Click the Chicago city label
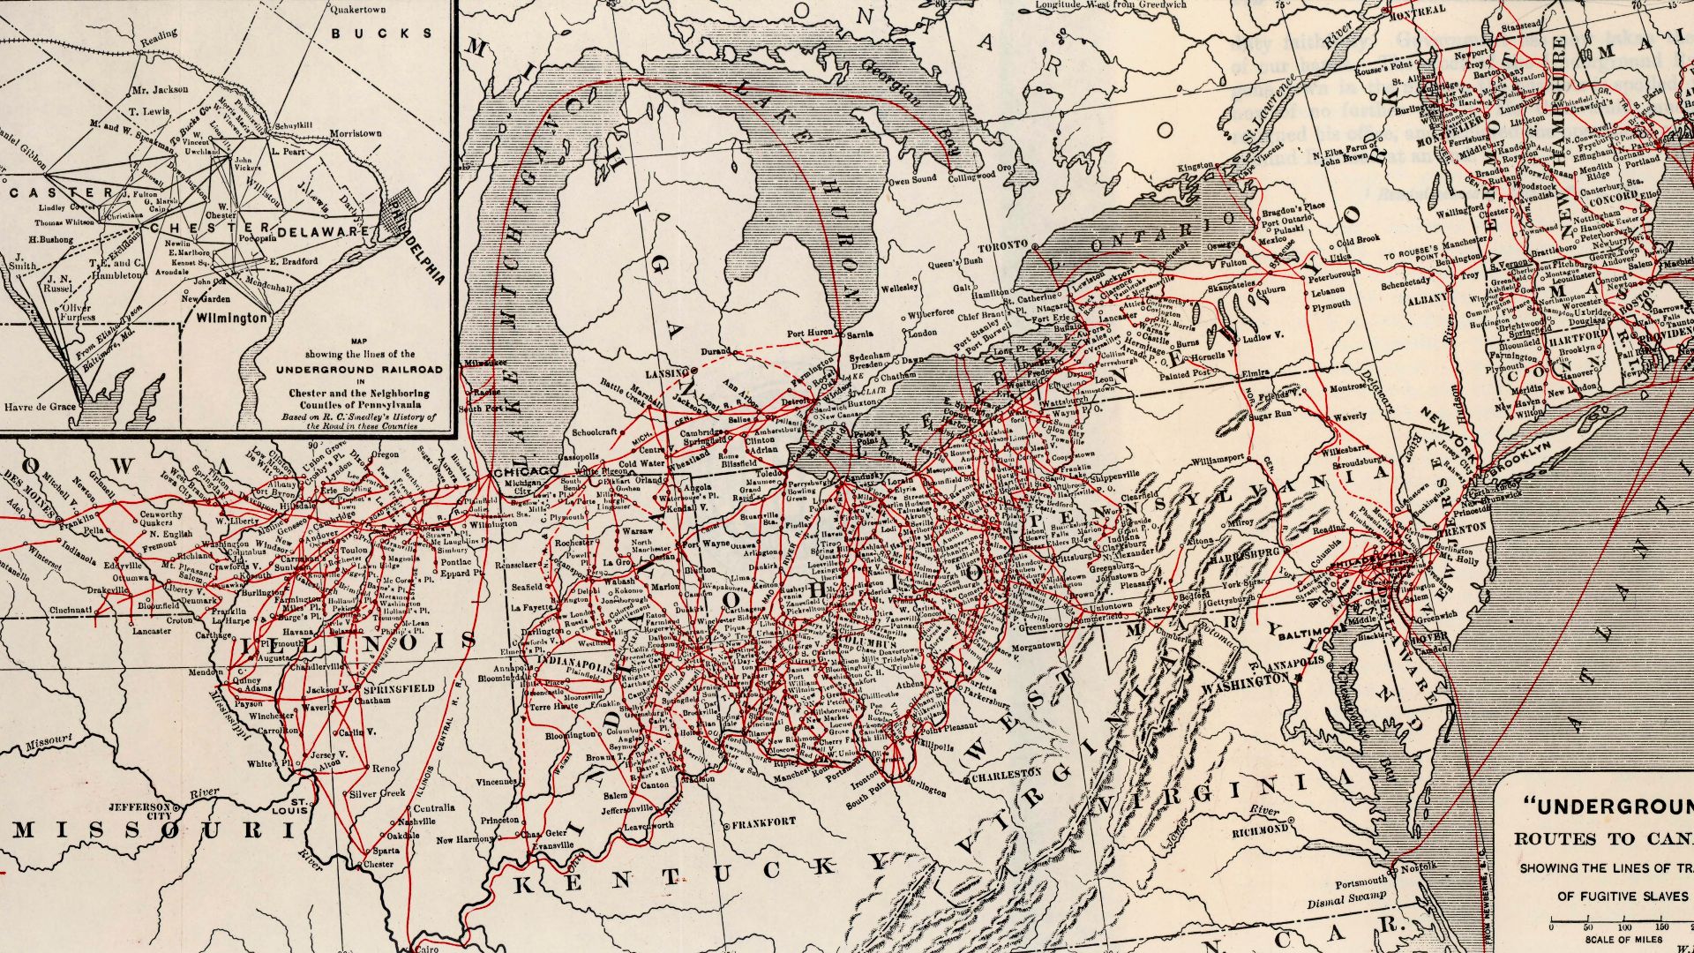[526, 473]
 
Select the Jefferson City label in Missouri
[139, 811]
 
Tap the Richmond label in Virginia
[1259, 830]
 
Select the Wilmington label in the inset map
[231, 316]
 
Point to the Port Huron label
[807, 334]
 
